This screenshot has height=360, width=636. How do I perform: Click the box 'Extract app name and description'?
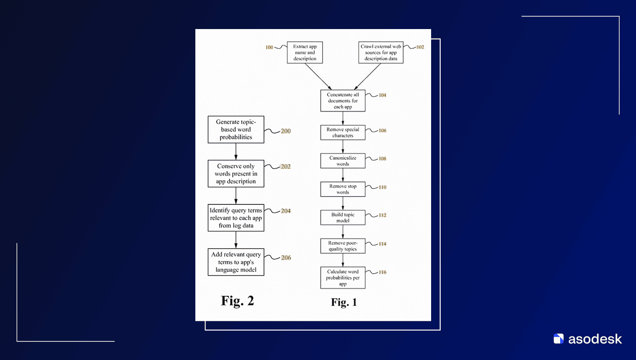click(x=305, y=53)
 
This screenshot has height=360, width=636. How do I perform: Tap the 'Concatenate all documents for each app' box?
click(x=343, y=101)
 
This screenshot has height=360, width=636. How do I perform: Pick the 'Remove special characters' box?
click(x=343, y=133)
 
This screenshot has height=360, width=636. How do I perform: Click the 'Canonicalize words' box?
click(x=343, y=161)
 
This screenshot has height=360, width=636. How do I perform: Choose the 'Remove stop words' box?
click(x=343, y=189)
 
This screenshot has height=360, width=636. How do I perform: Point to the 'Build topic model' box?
click(x=343, y=217)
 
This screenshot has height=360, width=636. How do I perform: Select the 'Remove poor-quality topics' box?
click(x=343, y=246)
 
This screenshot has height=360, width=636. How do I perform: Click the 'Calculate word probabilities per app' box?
click(x=343, y=278)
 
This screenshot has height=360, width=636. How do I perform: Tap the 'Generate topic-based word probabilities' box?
click(x=236, y=129)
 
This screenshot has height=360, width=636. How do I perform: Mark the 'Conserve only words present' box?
click(x=236, y=173)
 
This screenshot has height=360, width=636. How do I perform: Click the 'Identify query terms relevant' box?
click(x=236, y=218)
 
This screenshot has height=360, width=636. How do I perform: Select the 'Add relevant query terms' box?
click(x=236, y=262)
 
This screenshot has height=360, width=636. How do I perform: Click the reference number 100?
click(x=269, y=47)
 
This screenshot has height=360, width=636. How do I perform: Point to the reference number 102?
click(x=420, y=47)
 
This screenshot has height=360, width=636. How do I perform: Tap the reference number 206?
click(x=286, y=258)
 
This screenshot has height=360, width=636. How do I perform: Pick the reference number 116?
click(x=383, y=272)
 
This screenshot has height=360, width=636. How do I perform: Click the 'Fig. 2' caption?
click(x=237, y=301)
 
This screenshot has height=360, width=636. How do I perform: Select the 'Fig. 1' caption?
click(x=344, y=302)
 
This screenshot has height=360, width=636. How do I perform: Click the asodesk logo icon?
click(x=558, y=339)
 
